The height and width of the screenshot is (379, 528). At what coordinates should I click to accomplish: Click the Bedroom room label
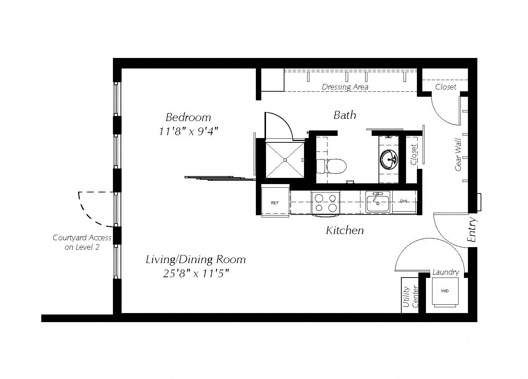pyautogui.click(x=188, y=117)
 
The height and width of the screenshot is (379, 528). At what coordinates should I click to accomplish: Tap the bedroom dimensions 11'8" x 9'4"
pyautogui.click(x=189, y=131)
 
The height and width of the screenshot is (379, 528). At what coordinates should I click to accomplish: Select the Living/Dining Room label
pyautogui.click(x=196, y=259)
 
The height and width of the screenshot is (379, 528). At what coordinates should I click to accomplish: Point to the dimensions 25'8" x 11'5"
pyautogui.click(x=196, y=274)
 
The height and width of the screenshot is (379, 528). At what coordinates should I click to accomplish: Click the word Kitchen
pyautogui.click(x=345, y=230)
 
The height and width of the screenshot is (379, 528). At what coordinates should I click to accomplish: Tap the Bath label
pyautogui.click(x=345, y=115)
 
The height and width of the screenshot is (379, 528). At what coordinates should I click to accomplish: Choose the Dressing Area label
pyautogui.click(x=345, y=87)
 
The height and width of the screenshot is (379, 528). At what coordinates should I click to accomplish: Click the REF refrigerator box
pyautogui.click(x=275, y=202)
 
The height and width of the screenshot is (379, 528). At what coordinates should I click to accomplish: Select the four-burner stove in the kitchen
pyautogui.click(x=325, y=203)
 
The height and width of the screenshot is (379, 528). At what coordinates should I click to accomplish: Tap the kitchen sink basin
pyautogui.click(x=377, y=202)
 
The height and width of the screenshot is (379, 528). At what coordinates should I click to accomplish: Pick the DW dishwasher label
pyautogui.click(x=404, y=201)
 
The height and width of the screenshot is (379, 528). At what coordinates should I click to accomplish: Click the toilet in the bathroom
pyautogui.click(x=331, y=166)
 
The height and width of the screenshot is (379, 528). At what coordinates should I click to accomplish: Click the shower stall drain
pyautogui.click(x=285, y=160)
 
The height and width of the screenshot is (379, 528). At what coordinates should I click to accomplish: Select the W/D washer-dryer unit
pyautogui.click(x=445, y=292)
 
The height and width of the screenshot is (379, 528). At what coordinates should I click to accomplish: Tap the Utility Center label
pyautogui.click(x=410, y=297)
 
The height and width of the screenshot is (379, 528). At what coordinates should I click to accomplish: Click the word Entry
pyautogui.click(x=472, y=230)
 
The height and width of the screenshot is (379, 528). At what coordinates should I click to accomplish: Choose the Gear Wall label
pyautogui.click(x=458, y=155)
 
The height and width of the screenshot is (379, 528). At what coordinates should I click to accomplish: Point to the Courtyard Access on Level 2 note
pyautogui.click(x=82, y=242)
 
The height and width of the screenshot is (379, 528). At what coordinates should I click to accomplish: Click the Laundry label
pyautogui.click(x=446, y=272)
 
